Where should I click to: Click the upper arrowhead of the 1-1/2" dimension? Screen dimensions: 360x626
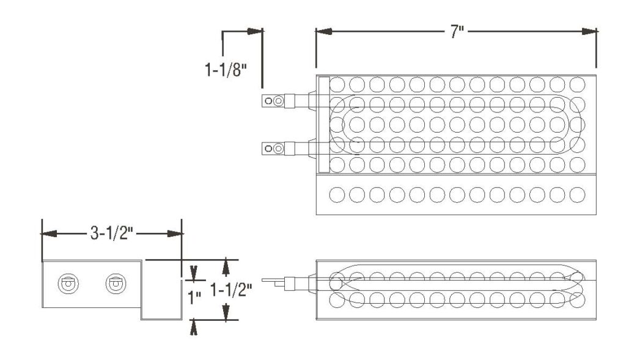227,266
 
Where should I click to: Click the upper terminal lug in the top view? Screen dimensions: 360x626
273,100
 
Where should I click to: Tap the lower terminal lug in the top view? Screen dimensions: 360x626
273,147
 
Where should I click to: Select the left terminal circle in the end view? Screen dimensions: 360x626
66,284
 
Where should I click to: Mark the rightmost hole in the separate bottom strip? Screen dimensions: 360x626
577,195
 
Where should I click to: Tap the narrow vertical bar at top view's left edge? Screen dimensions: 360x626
324,124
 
